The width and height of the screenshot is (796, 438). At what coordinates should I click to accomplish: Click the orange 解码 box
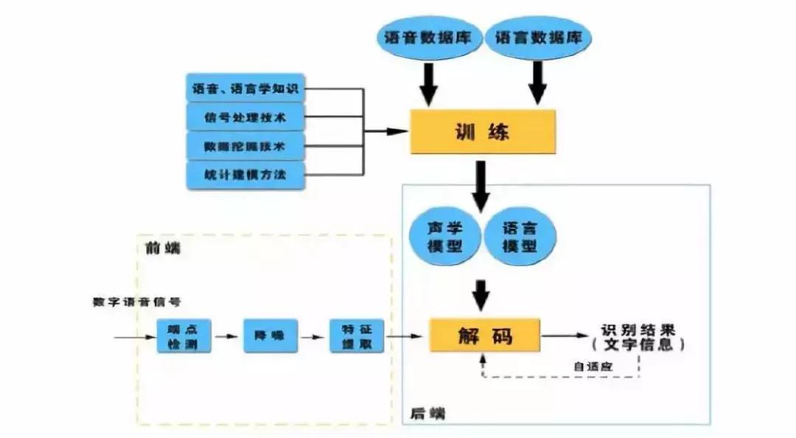[483, 336]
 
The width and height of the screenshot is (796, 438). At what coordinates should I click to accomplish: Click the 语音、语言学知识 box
[245, 89]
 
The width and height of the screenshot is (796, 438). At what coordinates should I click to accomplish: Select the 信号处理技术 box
[245, 117]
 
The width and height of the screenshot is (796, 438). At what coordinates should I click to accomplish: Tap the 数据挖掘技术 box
[245, 145]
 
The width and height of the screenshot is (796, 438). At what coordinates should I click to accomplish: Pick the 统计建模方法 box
[245, 173]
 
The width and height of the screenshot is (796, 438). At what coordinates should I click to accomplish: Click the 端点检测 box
[184, 336]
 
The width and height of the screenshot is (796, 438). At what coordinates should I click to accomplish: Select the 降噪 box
[265, 336]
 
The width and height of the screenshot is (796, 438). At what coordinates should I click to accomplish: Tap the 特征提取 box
[357, 336]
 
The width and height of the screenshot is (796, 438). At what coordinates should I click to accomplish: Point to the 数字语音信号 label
[137, 302]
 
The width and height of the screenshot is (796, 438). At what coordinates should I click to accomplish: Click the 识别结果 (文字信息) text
[638, 337]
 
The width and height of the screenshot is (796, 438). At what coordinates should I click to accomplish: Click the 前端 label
[169, 248]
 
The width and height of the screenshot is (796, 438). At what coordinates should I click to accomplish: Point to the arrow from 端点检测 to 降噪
[227, 337]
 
